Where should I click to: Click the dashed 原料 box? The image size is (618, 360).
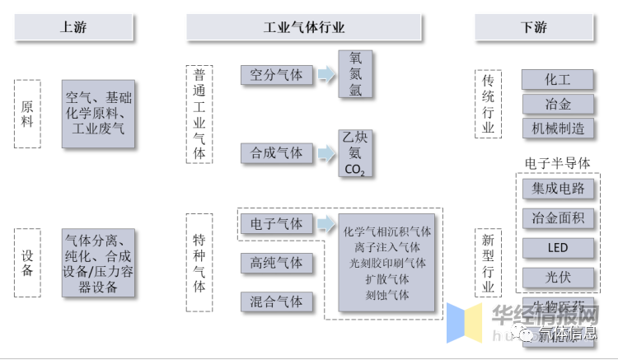[28, 113]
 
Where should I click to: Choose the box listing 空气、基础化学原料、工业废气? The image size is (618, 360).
[98, 114]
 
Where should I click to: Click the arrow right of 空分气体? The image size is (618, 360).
[326, 75]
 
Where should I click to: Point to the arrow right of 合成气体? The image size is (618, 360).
[326, 152]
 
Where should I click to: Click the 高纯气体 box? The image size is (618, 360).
[276, 263]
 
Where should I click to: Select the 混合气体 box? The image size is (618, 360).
[276, 302]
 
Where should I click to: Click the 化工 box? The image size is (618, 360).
[557, 79]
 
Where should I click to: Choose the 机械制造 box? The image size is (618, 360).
[557, 128]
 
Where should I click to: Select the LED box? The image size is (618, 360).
[557, 248]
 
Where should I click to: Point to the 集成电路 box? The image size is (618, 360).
[557, 189]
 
